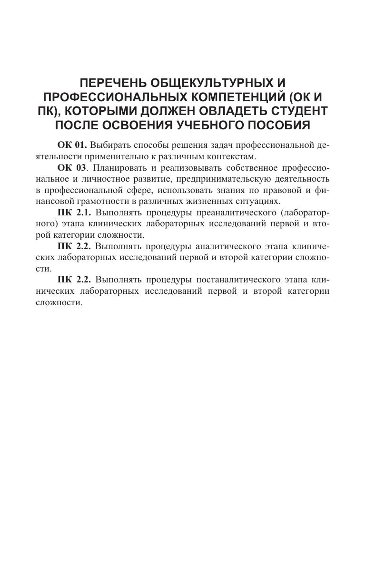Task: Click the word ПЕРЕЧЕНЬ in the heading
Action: (x=101, y=84)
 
